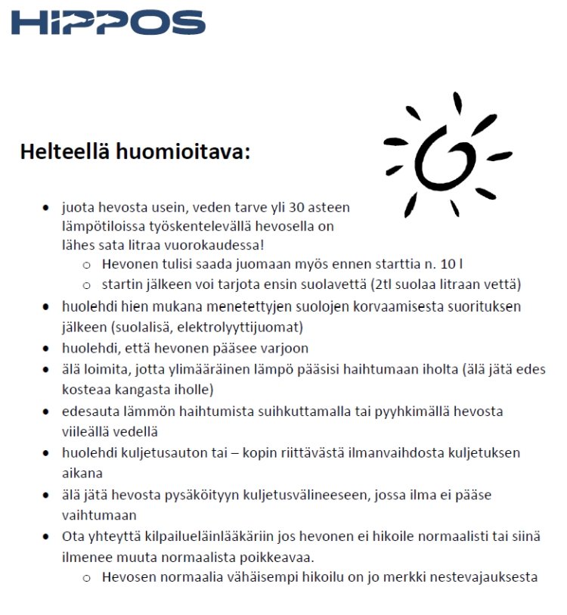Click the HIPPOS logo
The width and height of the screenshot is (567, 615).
click(108, 23)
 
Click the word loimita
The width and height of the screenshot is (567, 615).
click(103, 370)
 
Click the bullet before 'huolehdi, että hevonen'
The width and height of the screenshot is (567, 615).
click(47, 349)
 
